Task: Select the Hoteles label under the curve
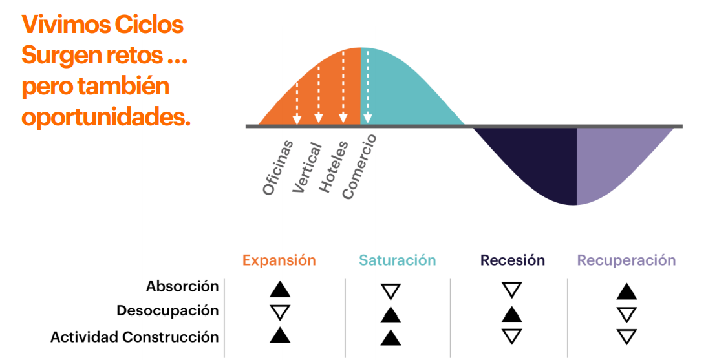334,166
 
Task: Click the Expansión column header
279,260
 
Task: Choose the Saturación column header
398,260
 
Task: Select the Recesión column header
513,260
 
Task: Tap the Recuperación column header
626,260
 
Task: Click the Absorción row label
182,287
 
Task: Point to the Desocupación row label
167,311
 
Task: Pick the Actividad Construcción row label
134,337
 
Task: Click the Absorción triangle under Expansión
280,290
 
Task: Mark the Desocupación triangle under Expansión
280,313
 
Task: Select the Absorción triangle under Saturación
391,292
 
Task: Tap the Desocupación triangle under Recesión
511,314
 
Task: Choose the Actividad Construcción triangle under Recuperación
626,336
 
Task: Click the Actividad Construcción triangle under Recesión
511,336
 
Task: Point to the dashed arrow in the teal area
368,87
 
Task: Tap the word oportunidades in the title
106,117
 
